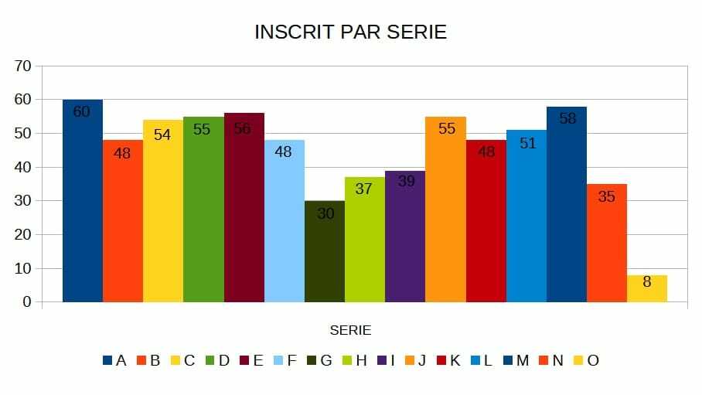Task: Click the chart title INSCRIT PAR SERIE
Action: point(350,32)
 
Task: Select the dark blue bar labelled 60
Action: point(83,201)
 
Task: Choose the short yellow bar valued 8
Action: point(647,288)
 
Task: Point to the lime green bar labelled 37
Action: point(365,240)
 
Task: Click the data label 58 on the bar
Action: point(567,119)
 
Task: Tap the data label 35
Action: point(607,197)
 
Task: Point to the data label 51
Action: point(527,143)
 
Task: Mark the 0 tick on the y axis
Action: point(27,302)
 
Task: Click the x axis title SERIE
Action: point(350,330)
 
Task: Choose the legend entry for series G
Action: point(319,360)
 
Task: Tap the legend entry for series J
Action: point(416,360)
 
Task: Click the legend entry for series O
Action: point(586,360)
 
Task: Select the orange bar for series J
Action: point(445,209)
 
